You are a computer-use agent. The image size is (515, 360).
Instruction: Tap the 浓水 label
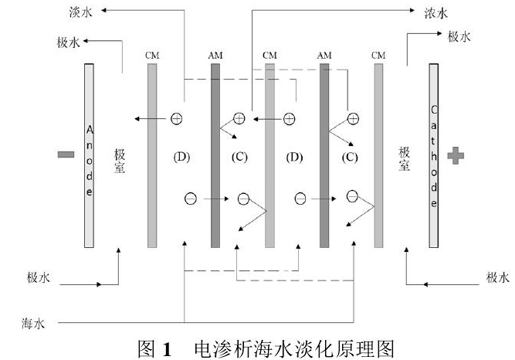(437, 12)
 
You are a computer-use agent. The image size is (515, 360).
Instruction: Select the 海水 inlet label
(34, 322)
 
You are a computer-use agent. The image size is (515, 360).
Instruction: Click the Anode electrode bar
(90, 155)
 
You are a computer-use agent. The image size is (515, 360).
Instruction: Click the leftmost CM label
(152, 55)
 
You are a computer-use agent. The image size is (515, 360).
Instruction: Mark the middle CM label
(269, 55)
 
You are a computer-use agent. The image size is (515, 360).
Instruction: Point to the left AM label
(215, 55)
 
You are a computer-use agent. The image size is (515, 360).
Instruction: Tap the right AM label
(325, 55)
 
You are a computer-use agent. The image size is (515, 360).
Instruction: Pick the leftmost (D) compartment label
(184, 158)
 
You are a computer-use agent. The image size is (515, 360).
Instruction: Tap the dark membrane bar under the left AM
(215, 155)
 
